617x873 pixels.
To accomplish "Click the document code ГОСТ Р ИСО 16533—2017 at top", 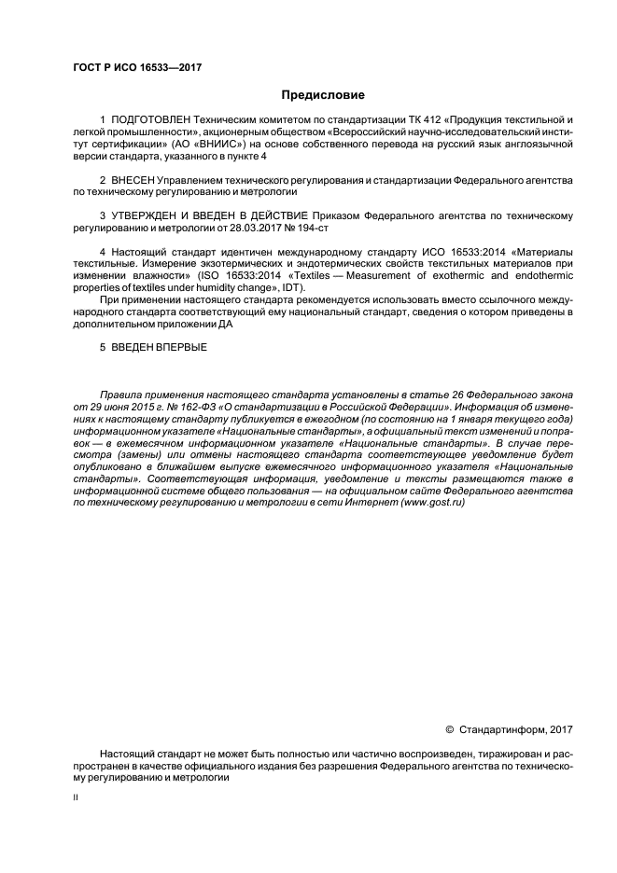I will pos(138,67).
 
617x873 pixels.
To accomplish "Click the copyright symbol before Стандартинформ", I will pos(449,727).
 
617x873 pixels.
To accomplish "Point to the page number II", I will pos(76,799).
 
